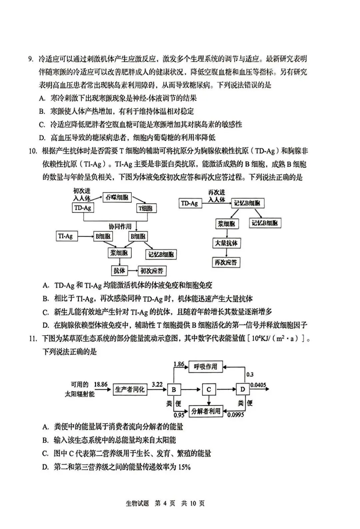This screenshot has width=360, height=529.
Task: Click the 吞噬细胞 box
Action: tap(117, 197)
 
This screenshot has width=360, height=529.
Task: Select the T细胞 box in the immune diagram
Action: tap(147, 208)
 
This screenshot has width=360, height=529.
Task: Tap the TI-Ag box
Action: tap(65, 236)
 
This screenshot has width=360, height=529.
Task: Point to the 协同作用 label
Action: tap(120, 226)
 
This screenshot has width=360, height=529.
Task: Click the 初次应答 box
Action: tap(152, 271)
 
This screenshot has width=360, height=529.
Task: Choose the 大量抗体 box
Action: tap(226, 243)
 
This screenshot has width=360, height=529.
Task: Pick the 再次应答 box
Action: tap(226, 262)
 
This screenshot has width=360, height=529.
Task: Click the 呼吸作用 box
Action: tap(206, 367)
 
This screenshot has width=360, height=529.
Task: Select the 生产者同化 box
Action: tap(130, 389)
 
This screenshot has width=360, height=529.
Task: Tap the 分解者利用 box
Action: tap(206, 411)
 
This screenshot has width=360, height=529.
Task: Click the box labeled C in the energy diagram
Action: tap(209, 389)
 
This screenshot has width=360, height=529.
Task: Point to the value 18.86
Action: tap(100, 384)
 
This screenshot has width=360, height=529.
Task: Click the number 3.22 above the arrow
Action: tap(157, 384)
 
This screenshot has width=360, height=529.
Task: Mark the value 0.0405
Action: tap(258, 385)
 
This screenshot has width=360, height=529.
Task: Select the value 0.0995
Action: tap(236, 415)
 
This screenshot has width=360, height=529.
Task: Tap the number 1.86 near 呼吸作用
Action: tap(179, 364)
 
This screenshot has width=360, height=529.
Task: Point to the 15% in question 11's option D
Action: tap(184, 467)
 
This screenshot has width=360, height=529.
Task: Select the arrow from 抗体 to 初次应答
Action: tap(133, 271)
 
